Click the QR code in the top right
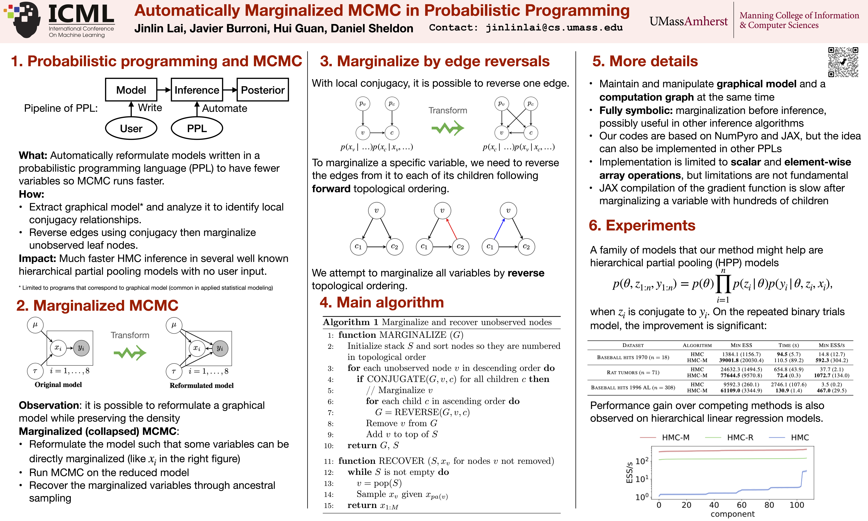(x=843, y=62)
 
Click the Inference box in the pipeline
(x=197, y=90)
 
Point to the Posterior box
(x=263, y=90)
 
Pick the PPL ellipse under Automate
(x=197, y=128)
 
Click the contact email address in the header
(x=554, y=28)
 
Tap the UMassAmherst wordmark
(x=688, y=21)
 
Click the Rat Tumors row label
(x=633, y=372)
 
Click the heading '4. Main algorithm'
(x=382, y=302)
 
